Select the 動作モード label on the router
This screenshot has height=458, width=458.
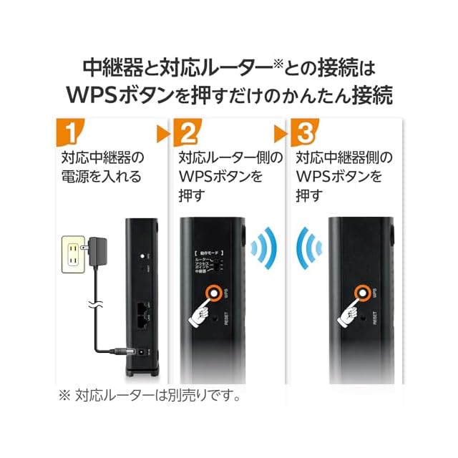208,254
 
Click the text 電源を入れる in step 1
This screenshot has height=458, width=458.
101,176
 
